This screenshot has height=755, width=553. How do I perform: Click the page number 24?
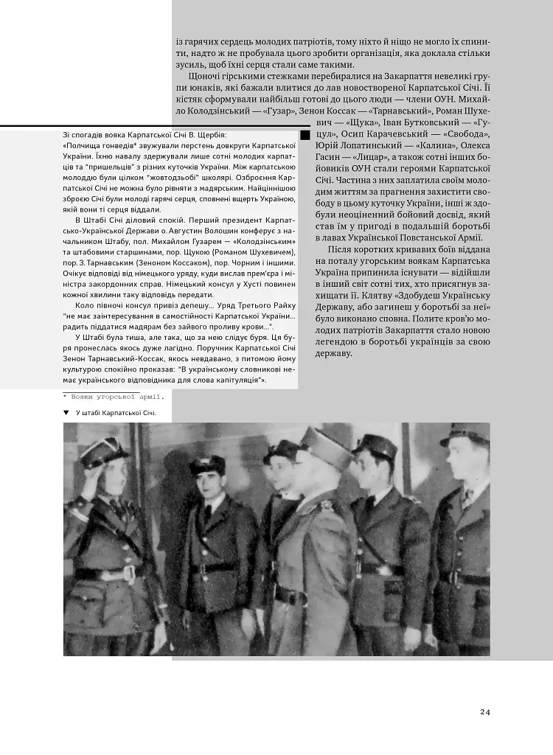point(484,711)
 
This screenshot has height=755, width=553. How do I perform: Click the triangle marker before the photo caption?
point(66,414)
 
